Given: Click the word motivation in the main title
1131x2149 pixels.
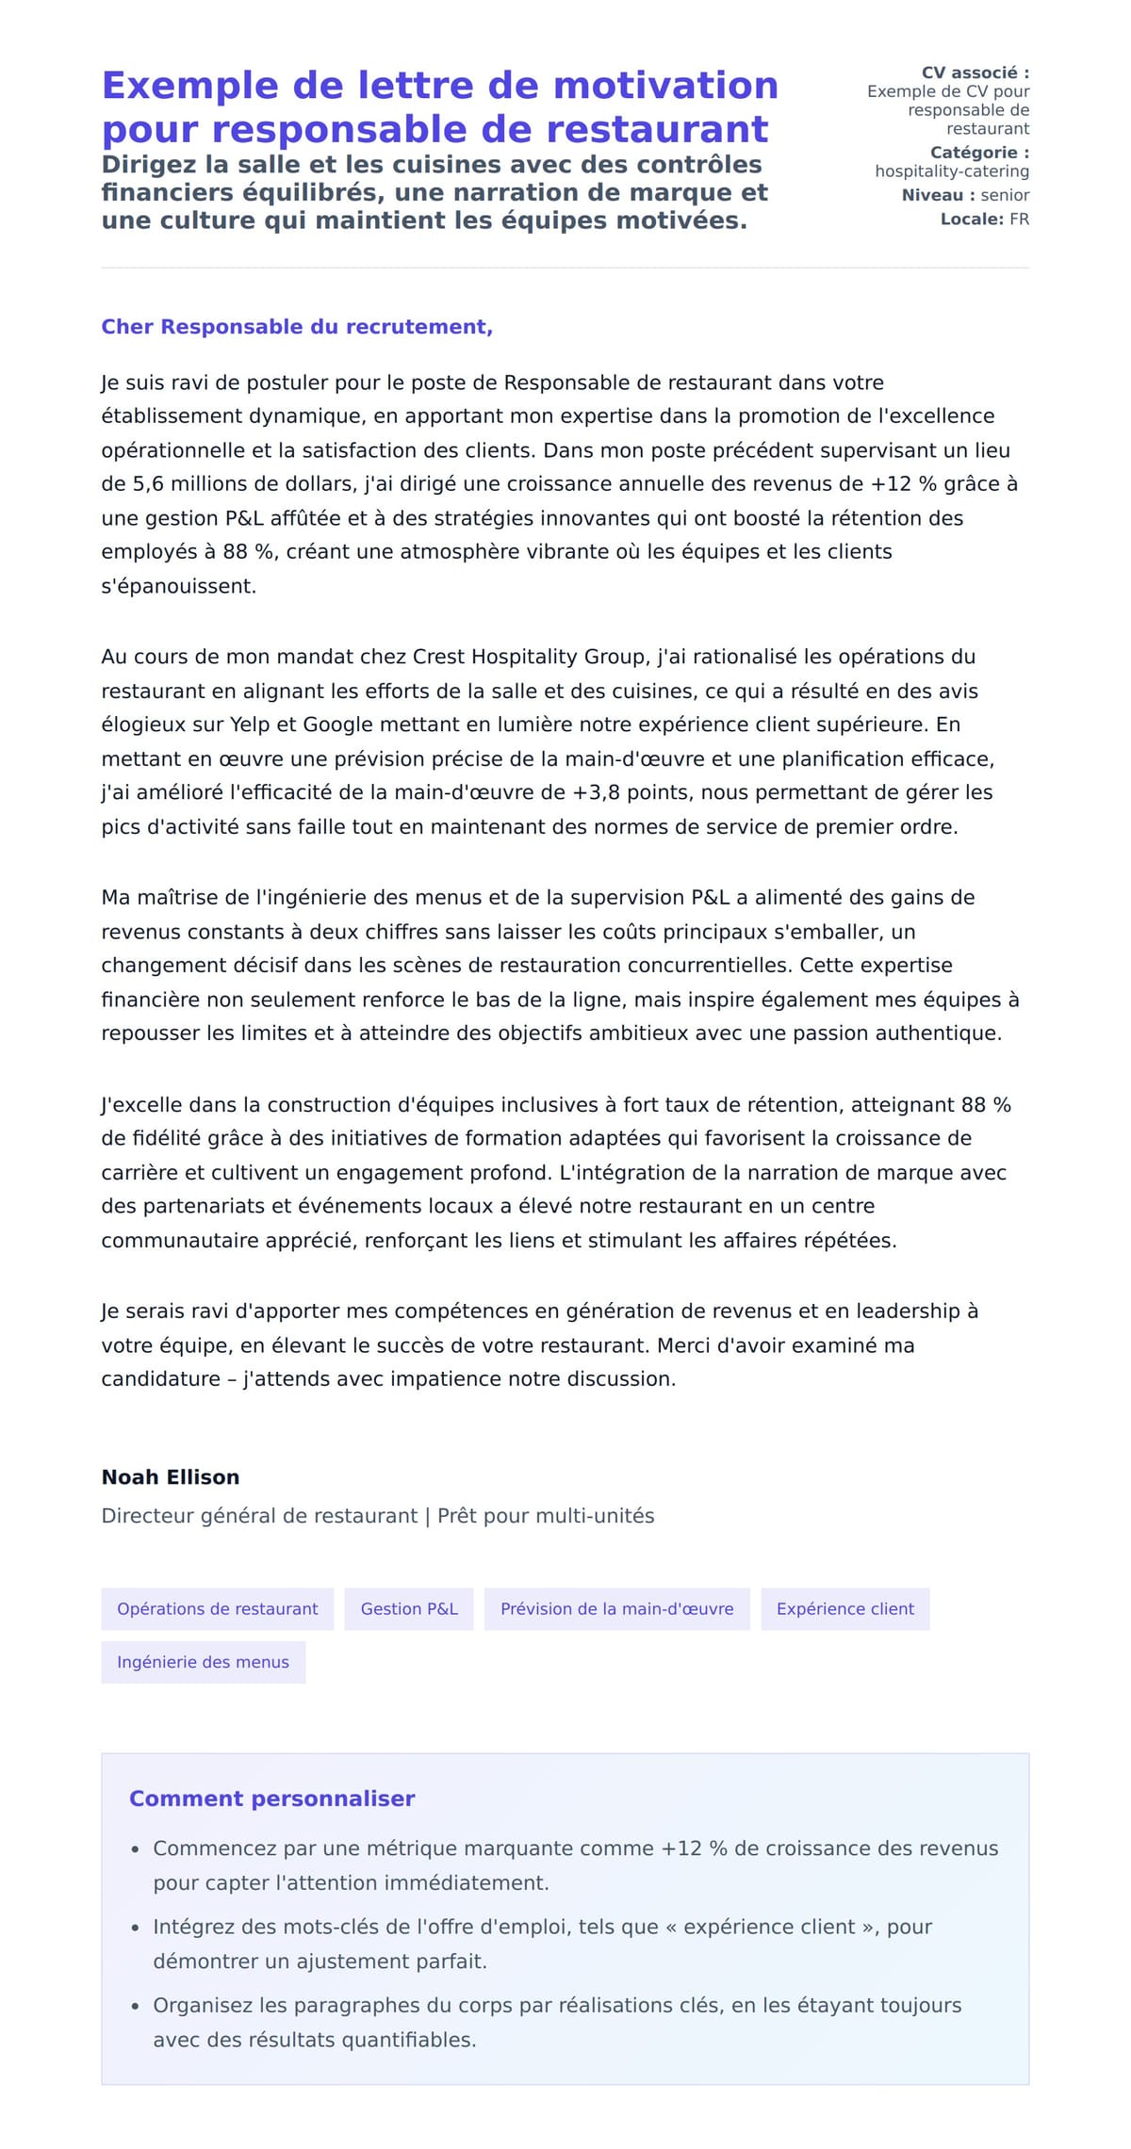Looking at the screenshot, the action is tap(665, 86).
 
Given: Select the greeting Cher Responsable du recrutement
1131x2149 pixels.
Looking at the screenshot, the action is tap(297, 327).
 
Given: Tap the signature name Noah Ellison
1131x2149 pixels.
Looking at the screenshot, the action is tap(171, 1477).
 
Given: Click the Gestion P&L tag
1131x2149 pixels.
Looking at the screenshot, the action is tap(409, 1609).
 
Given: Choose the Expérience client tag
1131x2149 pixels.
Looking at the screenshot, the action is tap(844, 1609).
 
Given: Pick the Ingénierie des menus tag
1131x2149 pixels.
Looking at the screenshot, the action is tap(203, 1662).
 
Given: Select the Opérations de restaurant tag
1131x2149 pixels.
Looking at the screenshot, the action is tap(217, 1609).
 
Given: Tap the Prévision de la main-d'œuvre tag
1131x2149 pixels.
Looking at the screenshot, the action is tap(616, 1609).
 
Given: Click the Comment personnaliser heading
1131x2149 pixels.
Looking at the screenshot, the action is tap(271, 1799).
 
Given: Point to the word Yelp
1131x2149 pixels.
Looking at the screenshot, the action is tap(250, 724).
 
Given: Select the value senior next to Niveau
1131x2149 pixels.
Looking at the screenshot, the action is tap(1005, 195).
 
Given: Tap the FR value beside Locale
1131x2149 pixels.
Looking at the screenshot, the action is tap(1019, 220).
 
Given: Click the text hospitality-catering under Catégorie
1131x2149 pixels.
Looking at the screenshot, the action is tap(952, 171).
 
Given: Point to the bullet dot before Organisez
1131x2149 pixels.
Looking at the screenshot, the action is tap(136, 2007).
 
